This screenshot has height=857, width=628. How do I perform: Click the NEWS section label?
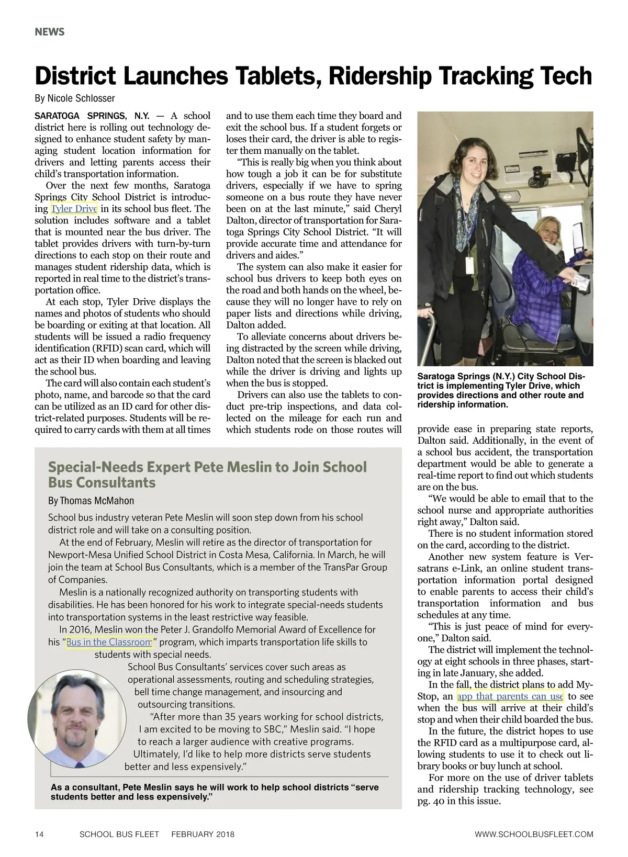[50, 32]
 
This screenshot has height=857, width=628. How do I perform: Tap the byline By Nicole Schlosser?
[74, 98]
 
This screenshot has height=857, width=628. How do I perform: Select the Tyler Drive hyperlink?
[74, 209]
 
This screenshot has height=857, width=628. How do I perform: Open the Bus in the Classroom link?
[109, 642]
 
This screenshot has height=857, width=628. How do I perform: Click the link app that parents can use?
[510, 696]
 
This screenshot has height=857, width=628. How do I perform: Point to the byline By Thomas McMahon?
[91, 501]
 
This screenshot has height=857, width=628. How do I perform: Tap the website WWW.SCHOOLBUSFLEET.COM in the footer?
[534, 834]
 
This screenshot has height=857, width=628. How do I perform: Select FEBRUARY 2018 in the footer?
[203, 834]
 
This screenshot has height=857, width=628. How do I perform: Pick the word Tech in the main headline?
[567, 76]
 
